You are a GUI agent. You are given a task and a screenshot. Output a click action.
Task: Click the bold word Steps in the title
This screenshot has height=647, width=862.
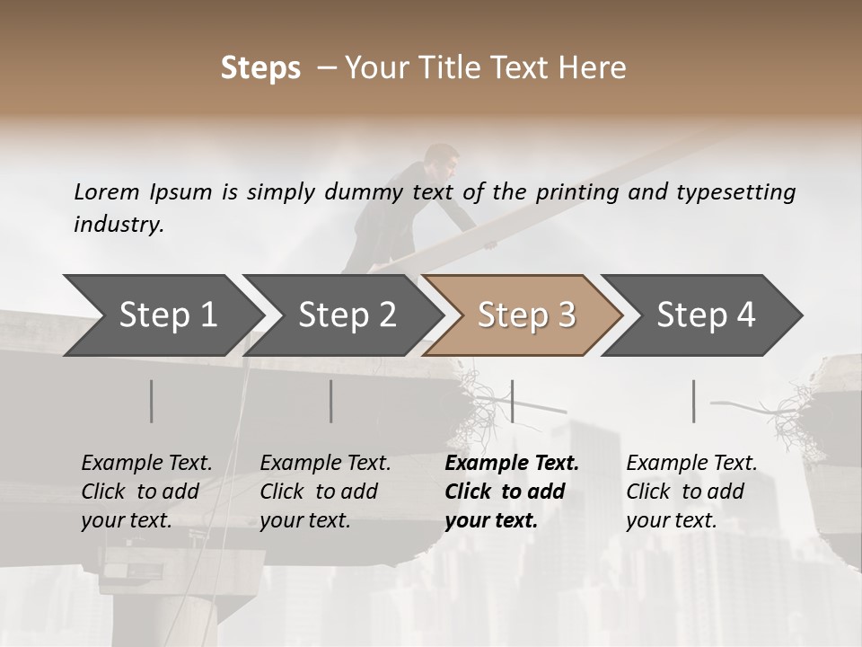260,67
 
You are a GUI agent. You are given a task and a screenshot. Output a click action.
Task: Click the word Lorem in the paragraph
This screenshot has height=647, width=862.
107,191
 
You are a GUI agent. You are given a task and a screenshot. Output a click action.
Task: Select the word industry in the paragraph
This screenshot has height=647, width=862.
117,224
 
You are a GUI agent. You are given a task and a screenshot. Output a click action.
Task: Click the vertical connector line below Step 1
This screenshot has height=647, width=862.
152,401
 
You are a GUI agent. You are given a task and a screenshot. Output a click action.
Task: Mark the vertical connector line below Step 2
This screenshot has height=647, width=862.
331,401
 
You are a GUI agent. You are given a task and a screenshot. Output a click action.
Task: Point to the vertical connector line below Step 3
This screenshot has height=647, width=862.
512,401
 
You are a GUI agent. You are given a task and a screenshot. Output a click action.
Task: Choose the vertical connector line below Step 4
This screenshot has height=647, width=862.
694,401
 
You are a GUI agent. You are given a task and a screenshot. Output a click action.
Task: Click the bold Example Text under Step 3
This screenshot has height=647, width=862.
512,463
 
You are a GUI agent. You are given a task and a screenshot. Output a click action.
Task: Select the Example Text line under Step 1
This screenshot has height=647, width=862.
146,463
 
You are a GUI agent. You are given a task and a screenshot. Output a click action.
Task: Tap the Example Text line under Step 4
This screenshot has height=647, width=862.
691,463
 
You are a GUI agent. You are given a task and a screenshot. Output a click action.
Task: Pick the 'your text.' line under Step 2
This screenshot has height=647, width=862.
305,520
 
